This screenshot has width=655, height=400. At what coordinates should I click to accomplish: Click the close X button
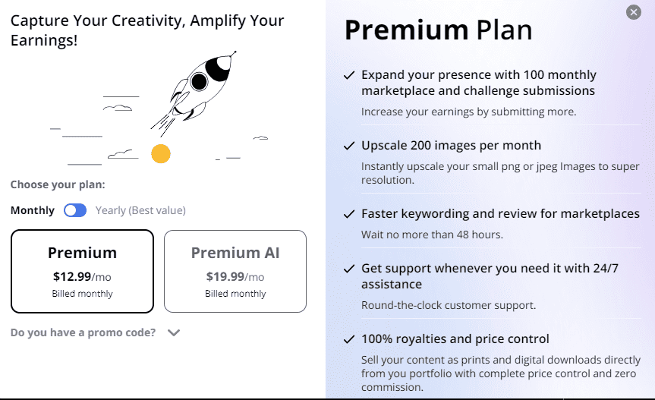coord(634,12)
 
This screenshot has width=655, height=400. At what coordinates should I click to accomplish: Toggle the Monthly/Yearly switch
coord(75,210)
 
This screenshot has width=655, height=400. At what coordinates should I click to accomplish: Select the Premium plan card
coord(82,271)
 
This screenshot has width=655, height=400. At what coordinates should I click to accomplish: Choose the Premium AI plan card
coord(235,271)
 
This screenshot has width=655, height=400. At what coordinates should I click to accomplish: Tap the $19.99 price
coord(224,277)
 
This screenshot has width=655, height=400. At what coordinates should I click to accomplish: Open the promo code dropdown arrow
coord(173,332)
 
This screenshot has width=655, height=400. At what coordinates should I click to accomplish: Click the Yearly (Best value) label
coord(140,210)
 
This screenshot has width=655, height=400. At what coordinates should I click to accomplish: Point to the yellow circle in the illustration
coord(160,154)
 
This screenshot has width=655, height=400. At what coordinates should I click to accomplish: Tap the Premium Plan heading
coord(438,30)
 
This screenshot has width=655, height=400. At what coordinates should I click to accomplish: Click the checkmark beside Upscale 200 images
coord(349,145)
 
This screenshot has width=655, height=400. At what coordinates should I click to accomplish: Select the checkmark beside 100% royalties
coord(349,339)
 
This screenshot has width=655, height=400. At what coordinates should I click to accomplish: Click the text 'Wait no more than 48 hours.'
coord(432,235)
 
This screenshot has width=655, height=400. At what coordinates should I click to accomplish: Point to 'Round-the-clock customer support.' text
coord(448,305)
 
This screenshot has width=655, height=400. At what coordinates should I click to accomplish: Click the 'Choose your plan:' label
coord(58,184)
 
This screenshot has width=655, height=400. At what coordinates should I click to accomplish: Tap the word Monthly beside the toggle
coord(33,210)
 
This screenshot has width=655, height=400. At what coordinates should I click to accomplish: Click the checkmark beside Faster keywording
coord(349,214)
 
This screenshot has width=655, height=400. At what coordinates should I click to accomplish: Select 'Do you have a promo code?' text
coord(83,332)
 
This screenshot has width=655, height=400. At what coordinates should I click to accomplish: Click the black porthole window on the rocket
coord(199,81)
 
